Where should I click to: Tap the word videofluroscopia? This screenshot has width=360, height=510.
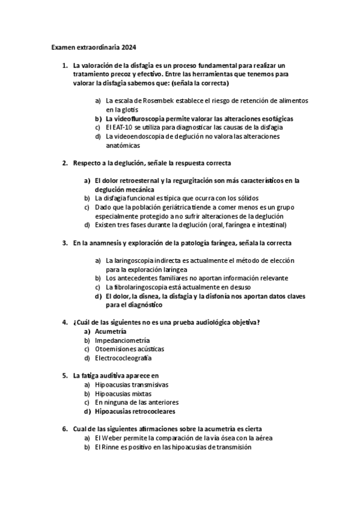143,119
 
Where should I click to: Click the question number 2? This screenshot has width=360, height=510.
65,163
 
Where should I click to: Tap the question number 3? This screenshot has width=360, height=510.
65,243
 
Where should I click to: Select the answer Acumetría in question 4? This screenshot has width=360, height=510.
111,331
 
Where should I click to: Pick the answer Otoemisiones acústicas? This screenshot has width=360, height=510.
129,349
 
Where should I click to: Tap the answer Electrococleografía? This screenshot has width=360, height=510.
123,358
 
